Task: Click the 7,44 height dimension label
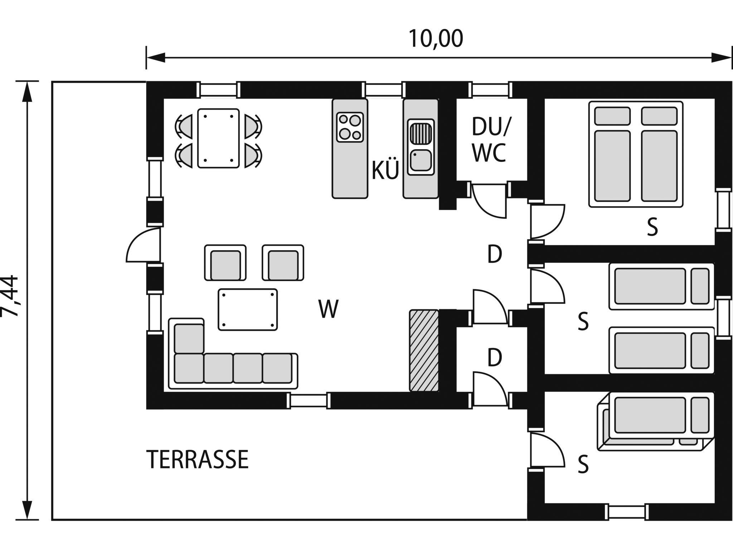coord(10,296)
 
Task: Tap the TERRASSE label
coord(198,459)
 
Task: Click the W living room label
coord(328,309)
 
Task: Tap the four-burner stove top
coord(350,127)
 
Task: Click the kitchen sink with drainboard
coord(421,147)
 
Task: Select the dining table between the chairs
coord(218,138)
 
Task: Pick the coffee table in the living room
coord(248,309)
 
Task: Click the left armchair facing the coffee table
coord(225,263)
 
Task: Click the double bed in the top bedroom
coord(636,154)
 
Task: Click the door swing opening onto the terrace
coord(143,246)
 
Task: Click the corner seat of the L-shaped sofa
coord(189,339)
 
